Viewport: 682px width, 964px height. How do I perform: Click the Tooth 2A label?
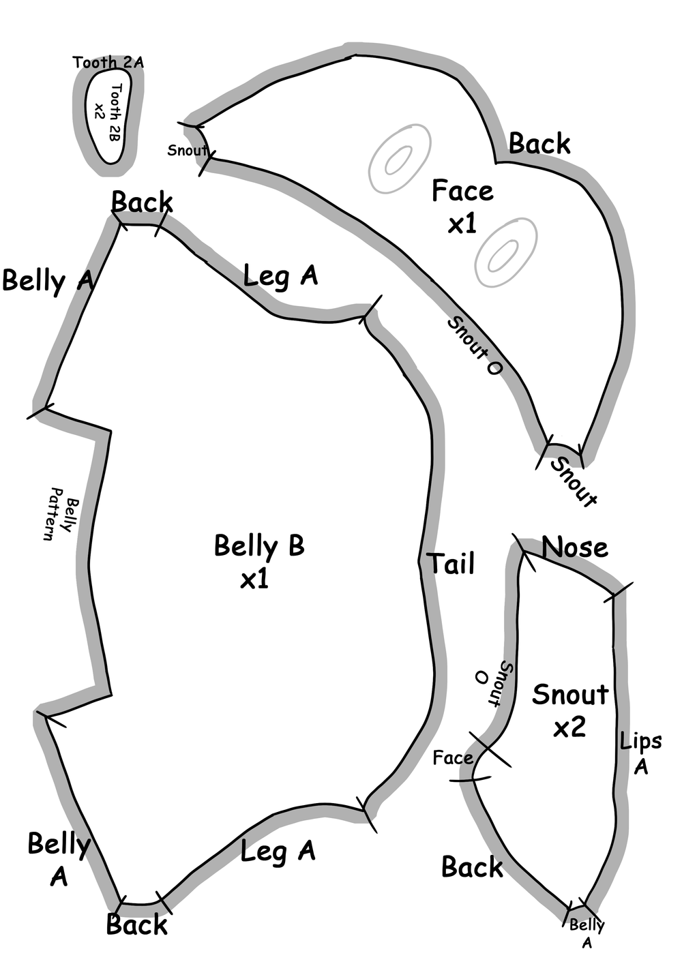(108, 63)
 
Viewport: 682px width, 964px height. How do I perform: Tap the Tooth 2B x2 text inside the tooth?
(108, 112)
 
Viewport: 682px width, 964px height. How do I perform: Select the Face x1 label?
(462, 207)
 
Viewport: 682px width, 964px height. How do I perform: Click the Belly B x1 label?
(258, 561)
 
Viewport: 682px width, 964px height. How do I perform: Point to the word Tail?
(451, 564)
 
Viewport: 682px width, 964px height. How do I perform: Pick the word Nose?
(574, 547)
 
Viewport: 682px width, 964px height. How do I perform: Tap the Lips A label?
(640, 753)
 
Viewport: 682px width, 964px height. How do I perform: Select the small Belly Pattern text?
(59, 513)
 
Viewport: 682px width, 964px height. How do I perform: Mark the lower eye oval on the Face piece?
(505, 253)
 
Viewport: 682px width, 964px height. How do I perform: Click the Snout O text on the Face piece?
(475, 346)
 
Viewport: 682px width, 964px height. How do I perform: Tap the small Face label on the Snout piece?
(453, 758)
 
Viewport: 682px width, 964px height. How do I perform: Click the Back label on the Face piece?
(539, 144)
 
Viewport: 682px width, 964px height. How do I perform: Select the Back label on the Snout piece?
(472, 867)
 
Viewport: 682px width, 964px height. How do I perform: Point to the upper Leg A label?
(280, 276)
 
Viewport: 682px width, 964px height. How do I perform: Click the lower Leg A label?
(278, 851)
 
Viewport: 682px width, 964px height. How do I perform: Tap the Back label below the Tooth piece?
(142, 202)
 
